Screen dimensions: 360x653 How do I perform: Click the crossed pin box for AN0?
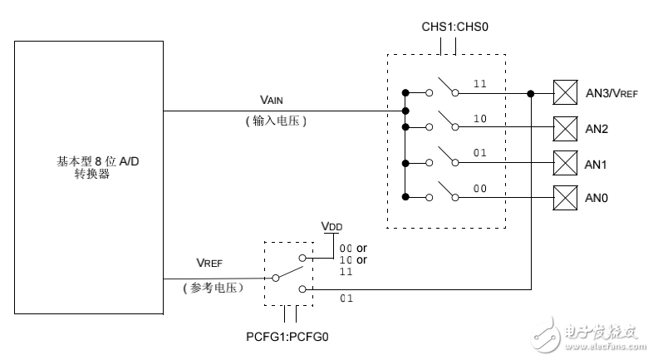pos(565,197)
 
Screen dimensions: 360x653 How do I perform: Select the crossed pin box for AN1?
pos(565,162)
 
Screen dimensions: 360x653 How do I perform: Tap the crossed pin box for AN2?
pos(565,127)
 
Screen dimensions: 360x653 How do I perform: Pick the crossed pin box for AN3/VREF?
pos(565,92)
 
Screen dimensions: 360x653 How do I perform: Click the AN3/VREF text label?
pos(611,94)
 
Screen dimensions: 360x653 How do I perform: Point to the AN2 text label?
pos(597,129)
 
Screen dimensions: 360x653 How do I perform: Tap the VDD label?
pos(332,227)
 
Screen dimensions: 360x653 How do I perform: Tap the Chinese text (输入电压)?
pos(277,121)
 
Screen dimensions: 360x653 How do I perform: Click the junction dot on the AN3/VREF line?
pos(531,92)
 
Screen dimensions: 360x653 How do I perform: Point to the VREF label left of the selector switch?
pos(211,262)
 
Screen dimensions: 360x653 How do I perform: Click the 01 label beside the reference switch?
pos(348,297)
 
